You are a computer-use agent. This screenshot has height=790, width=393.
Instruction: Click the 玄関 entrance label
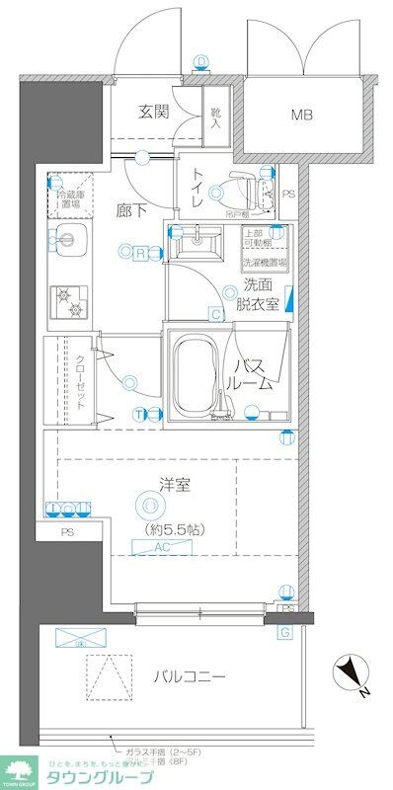[154, 111]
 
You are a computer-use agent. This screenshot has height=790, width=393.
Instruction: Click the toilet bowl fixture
[242, 189]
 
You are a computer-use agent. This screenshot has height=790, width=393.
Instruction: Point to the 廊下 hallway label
[129, 211]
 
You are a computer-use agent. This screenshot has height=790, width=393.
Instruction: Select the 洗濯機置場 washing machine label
[266, 263]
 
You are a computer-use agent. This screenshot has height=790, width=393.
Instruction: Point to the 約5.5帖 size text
[166, 531]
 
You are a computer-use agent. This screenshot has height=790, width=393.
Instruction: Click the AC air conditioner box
[163, 546]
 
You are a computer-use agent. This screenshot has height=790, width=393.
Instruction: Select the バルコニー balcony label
[189, 677]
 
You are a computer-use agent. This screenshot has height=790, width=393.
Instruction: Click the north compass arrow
[351, 675]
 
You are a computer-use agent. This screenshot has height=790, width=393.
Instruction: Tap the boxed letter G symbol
[285, 632]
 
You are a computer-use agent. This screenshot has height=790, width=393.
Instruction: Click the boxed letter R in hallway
[142, 253]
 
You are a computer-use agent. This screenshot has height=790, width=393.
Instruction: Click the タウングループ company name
[99, 777]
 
